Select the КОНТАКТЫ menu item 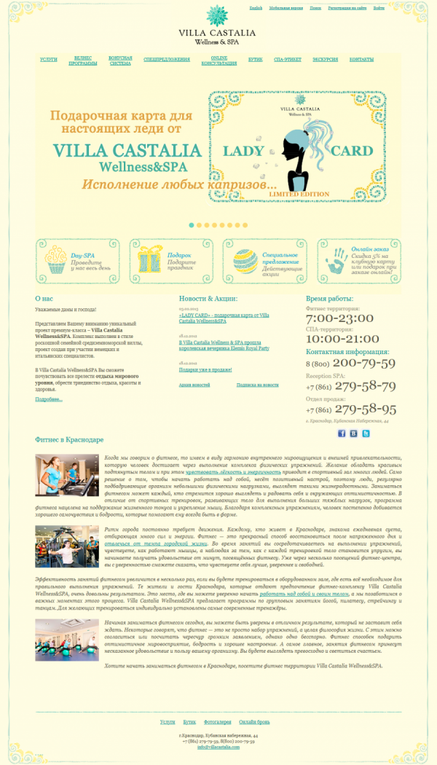point(361,60)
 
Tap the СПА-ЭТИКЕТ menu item point(286,60)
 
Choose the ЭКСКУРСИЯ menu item point(326,60)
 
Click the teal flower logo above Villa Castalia point(217,15)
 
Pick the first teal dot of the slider point(192,225)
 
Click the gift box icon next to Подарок point(151,260)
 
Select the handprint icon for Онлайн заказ point(337,260)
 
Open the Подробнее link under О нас point(49,399)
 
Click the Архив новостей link point(194,384)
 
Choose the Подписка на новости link point(257,384)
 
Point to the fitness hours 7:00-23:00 point(339,319)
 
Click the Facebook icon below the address point(342,433)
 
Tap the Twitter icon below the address point(366,433)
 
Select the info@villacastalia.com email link point(218,747)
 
